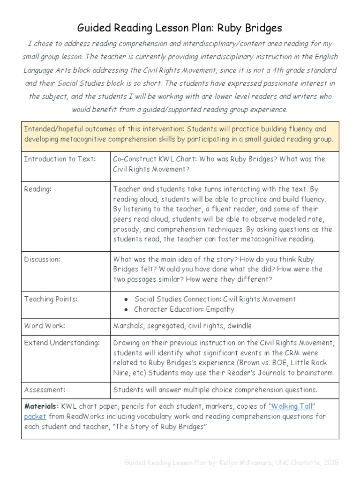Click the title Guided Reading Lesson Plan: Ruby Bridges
click(180, 28)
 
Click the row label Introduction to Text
click(60, 159)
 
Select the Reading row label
click(38, 189)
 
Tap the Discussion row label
click(42, 259)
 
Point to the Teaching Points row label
click(51, 299)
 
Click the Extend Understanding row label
click(62, 343)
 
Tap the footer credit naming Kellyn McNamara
click(231, 463)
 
